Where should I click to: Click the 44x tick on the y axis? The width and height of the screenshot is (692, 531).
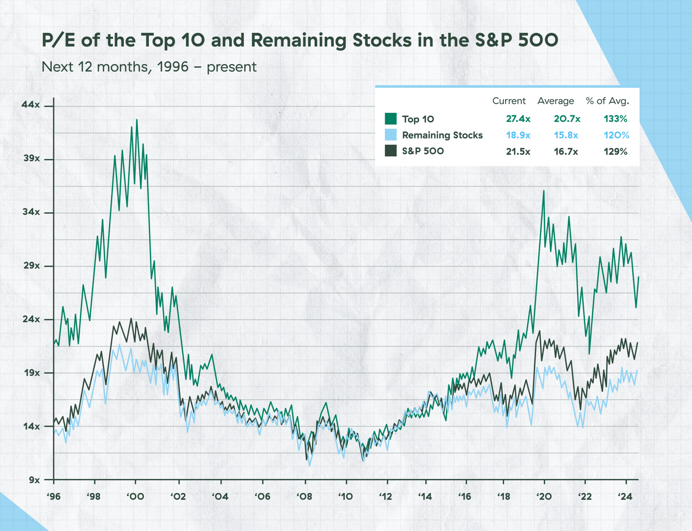(31, 105)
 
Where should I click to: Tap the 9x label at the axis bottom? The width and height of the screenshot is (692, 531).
(34, 480)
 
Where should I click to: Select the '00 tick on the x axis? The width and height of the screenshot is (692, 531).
(135, 496)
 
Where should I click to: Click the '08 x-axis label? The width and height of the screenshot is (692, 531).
(304, 496)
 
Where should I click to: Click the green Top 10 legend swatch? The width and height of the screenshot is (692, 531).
(391, 119)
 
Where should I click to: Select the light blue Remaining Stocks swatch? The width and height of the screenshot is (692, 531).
(391, 135)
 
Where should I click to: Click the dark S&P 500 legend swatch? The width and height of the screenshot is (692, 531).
(391, 151)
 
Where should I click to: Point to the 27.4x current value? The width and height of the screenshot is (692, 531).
(518, 119)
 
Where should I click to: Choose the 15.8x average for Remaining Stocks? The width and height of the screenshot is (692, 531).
(566, 135)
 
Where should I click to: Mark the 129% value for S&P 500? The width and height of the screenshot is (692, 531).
(615, 152)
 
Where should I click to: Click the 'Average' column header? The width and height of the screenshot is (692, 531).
(555, 101)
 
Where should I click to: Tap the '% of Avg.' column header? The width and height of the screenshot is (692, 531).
(607, 101)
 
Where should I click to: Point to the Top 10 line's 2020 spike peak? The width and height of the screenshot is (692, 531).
(544, 191)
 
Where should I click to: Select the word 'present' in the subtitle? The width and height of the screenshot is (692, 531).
(231, 67)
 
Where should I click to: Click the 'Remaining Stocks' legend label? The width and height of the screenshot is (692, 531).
(442, 135)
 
